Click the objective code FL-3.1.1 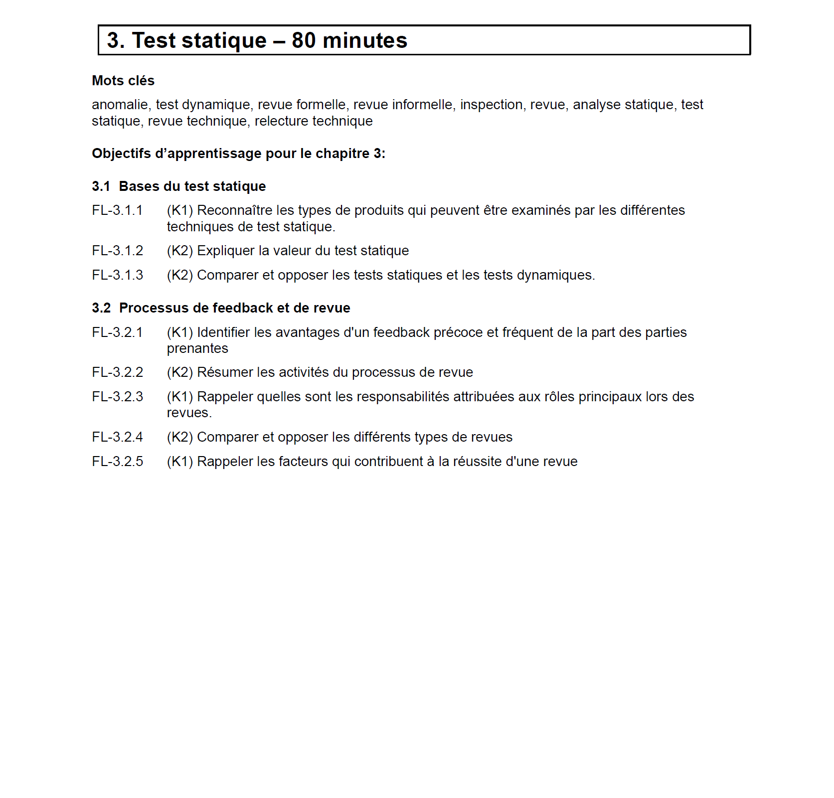pos(117,210)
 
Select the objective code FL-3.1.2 pos(117,251)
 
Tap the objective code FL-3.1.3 pos(117,275)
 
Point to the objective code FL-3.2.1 pos(117,332)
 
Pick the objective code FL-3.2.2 pos(117,372)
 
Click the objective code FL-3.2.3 pos(117,397)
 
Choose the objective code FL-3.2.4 pos(117,437)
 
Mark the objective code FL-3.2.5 pos(117,462)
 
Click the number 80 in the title pos(304,40)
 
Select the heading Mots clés pos(123,81)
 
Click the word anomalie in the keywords pos(120,105)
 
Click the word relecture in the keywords pos(277,121)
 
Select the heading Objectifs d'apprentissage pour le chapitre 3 pos(238,154)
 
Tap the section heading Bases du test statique pos(192,186)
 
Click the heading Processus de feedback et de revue pos(234,308)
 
